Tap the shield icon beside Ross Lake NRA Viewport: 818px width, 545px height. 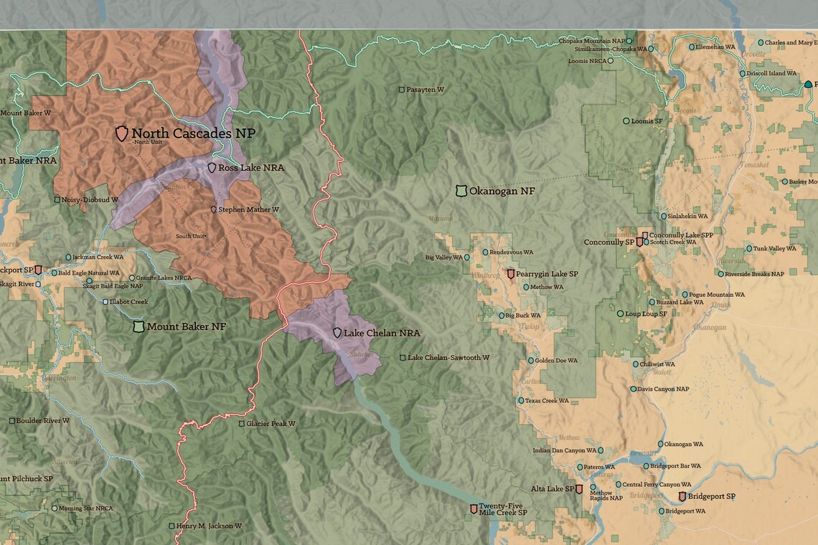click(212, 168)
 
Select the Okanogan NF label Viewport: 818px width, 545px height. click(502, 191)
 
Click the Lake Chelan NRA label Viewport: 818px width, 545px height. click(381, 333)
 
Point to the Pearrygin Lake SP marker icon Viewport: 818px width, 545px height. click(511, 274)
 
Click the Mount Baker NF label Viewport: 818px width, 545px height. click(186, 326)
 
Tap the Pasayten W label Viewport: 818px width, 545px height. click(426, 90)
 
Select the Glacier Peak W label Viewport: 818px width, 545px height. click(271, 424)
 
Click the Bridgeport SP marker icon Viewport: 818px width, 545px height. click(682, 496)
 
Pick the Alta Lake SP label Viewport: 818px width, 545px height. click(552, 489)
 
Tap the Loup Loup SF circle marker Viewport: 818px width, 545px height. click(620, 313)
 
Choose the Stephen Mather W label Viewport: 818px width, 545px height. click(248, 209)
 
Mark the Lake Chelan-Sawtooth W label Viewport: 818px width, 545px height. click(448, 357)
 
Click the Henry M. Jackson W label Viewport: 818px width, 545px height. click(208, 526)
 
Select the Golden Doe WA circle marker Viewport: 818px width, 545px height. click(531, 361)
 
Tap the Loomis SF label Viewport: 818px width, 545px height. click(647, 121)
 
